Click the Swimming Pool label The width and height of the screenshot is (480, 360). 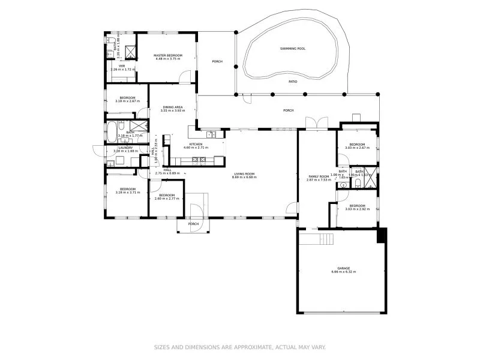pyautogui.click(x=293, y=49)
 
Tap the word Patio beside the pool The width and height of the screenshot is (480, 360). pyautogui.click(x=293, y=81)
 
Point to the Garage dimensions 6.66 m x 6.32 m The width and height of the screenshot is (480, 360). pyautogui.click(x=343, y=272)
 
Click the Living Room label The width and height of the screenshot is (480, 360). pyautogui.click(x=245, y=175)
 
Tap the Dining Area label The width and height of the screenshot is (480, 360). pyautogui.click(x=172, y=109)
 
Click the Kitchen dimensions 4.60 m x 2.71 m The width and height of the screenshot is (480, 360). pyautogui.click(x=196, y=147)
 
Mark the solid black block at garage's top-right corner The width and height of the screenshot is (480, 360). pyautogui.click(x=380, y=236)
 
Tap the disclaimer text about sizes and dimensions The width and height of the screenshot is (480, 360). pyautogui.click(x=240, y=347)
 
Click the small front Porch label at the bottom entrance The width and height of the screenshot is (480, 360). pyautogui.click(x=193, y=224)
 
